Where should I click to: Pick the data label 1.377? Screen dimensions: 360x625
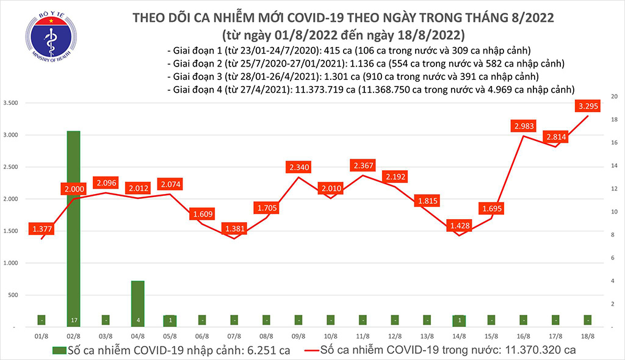(42, 229)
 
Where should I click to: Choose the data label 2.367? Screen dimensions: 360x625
(363, 165)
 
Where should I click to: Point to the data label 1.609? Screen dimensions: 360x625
(202, 214)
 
